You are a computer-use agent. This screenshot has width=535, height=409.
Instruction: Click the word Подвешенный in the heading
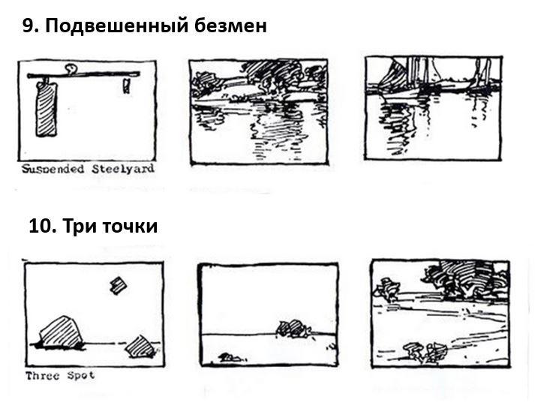117,26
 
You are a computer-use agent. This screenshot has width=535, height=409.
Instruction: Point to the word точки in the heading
130,226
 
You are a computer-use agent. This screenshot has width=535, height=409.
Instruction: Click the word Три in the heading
80,227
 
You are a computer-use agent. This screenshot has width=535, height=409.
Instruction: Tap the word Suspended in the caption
53,169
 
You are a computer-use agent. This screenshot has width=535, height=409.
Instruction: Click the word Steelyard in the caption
123,169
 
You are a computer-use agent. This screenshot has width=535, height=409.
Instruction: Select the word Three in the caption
43,376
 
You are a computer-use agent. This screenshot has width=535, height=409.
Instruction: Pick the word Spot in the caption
81,376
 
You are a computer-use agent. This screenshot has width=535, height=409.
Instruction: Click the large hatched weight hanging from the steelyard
47,109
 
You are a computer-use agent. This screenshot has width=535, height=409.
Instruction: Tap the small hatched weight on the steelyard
127,86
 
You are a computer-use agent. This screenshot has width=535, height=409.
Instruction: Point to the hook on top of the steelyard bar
71,69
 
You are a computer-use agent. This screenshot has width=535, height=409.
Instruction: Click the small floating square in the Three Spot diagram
119,285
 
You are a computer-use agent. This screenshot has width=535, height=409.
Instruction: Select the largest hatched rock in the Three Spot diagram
61,332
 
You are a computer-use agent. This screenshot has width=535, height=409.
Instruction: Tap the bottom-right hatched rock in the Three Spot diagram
140,347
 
